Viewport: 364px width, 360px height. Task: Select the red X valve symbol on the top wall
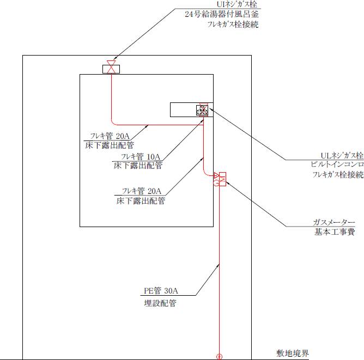coord(112,69)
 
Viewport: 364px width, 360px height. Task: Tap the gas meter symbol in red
coord(220,179)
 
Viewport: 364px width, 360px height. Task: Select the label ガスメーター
coord(334,222)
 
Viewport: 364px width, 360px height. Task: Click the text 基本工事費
coord(334,233)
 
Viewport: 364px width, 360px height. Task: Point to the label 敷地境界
coord(293,353)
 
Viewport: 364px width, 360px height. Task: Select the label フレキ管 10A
coord(140,156)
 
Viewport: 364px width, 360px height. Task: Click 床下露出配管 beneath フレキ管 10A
coord(138,166)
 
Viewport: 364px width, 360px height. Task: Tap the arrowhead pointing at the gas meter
coord(227,182)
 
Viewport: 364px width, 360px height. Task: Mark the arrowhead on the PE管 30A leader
coord(221,265)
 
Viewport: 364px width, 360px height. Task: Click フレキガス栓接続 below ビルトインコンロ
coord(338,175)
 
